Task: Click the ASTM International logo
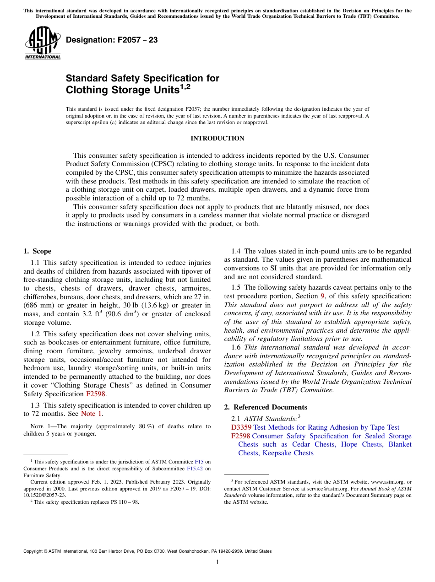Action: coord(43,43)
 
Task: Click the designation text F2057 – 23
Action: coord(112,40)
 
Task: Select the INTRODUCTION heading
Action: coord(217,139)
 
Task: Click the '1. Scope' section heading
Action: coord(37,251)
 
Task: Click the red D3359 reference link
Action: coord(241,427)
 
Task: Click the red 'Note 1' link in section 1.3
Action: coord(92,414)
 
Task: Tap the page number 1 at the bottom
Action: coord(217,562)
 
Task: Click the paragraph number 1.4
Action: coord(236,251)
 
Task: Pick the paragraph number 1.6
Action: coord(236,347)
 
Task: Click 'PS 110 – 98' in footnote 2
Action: coord(125,502)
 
